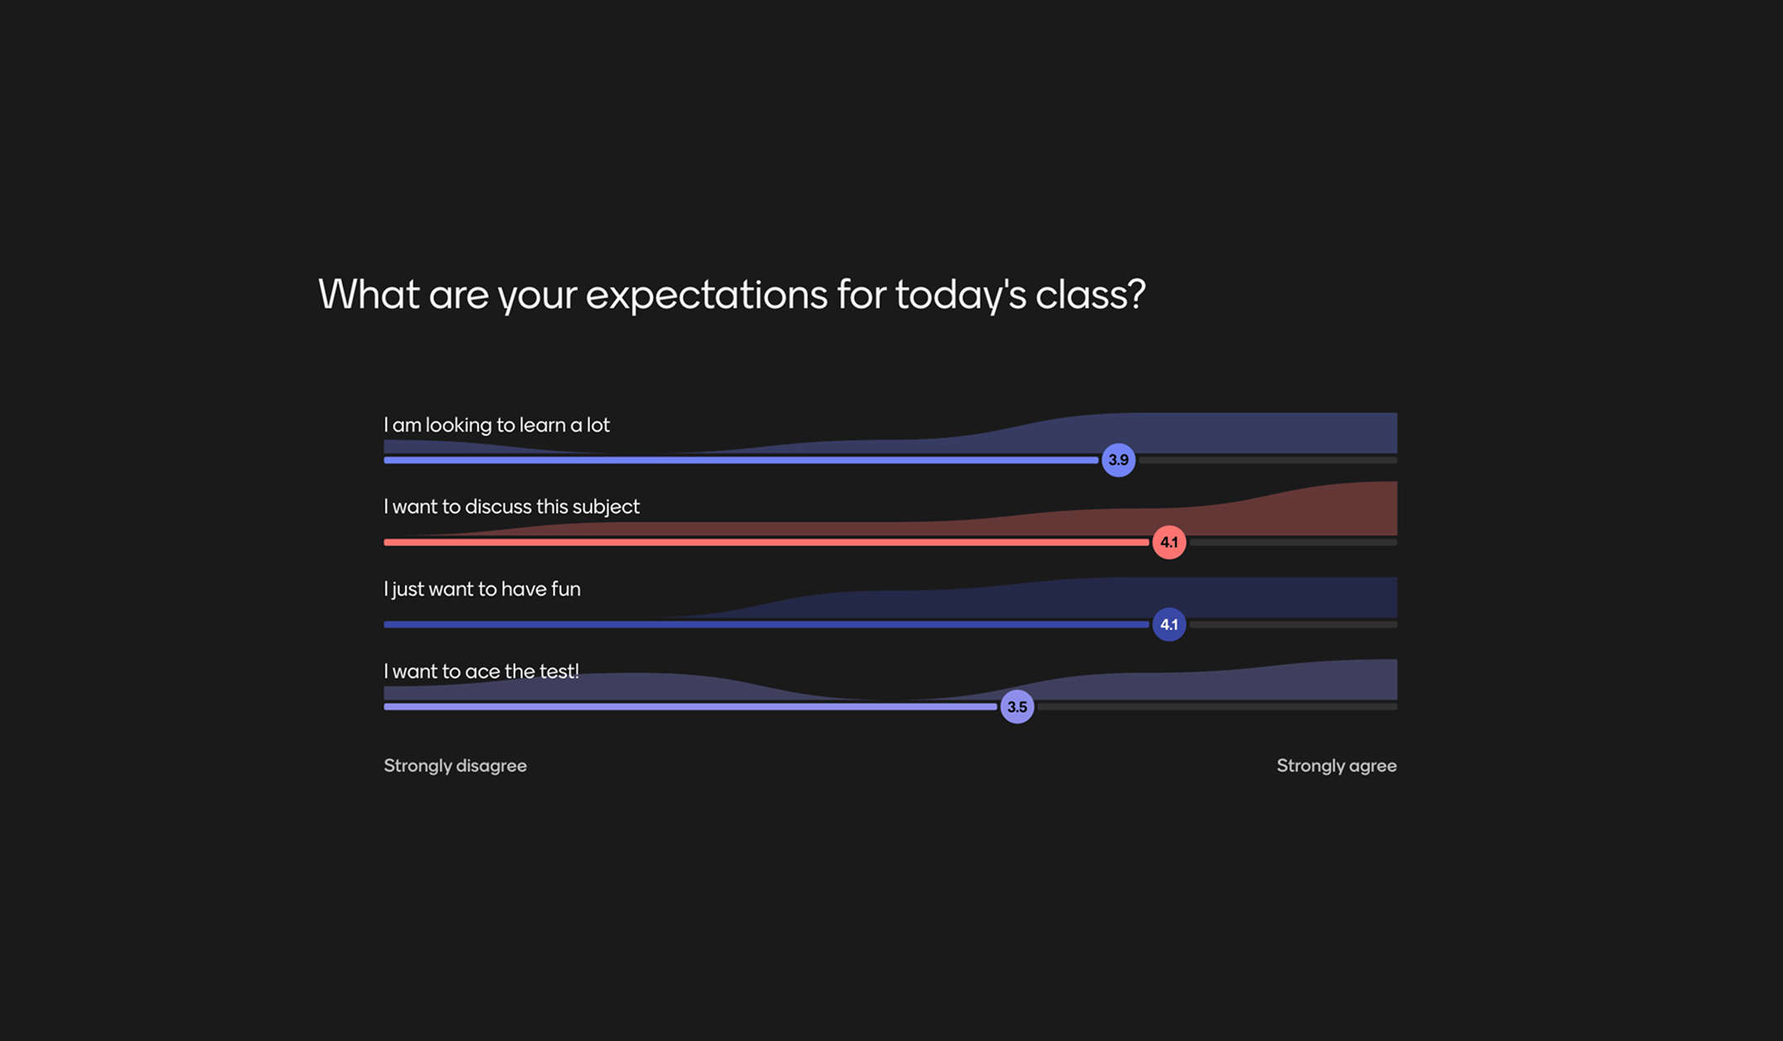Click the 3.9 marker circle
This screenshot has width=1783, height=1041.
[1118, 460]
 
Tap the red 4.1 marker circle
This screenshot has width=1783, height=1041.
[1168, 542]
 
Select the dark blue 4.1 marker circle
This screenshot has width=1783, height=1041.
[1168, 624]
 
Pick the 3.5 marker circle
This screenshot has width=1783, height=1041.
[1017, 707]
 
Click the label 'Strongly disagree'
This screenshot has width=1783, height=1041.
[455, 766]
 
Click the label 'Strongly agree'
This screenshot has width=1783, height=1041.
[1336, 766]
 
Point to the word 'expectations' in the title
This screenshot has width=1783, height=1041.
[706, 295]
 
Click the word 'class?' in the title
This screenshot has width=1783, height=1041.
[1090, 295]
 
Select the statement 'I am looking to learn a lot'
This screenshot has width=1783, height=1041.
[496, 425]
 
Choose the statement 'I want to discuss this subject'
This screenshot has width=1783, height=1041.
[511, 506]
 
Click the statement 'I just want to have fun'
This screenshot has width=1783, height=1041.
[481, 589]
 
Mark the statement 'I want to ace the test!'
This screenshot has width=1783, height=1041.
[481, 671]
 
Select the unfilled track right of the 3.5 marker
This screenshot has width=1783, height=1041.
[1218, 707]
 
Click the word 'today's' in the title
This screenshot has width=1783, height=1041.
[960, 295]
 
